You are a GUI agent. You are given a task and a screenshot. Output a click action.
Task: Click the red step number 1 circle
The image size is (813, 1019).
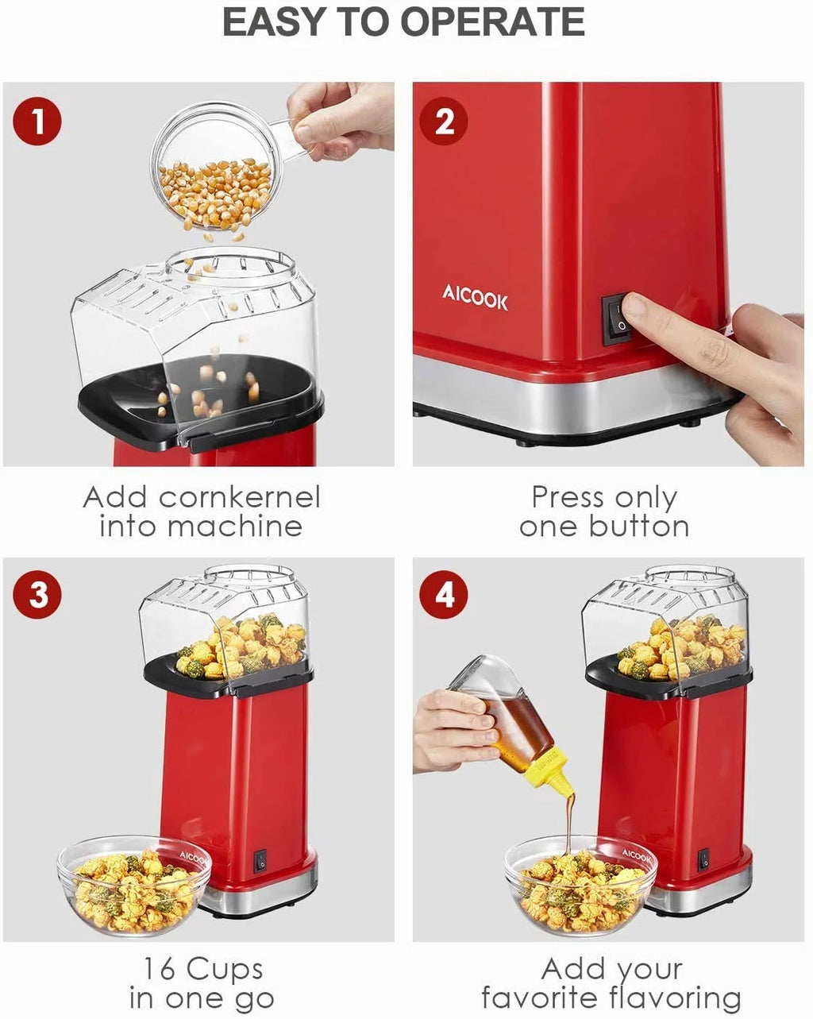click(x=37, y=122)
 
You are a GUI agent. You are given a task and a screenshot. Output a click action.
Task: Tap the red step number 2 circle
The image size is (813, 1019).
click(x=445, y=122)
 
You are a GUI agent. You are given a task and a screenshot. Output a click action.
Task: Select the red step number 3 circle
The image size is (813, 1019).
click(x=37, y=595)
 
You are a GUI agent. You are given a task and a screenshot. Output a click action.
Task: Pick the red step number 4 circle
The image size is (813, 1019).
click(x=445, y=595)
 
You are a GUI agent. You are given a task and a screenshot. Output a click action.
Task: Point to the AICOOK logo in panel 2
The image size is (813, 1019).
click(x=475, y=299)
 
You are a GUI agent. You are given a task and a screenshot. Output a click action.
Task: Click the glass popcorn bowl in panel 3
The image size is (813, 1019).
click(x=133, y=886)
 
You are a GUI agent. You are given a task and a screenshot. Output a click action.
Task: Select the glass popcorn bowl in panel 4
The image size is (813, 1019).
click(x=580, y=886)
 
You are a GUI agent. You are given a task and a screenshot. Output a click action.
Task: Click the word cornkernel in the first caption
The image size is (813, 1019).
click(x=239, y=498)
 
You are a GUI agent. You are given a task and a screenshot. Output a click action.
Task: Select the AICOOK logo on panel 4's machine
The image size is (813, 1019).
click(x=636, y=855)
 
